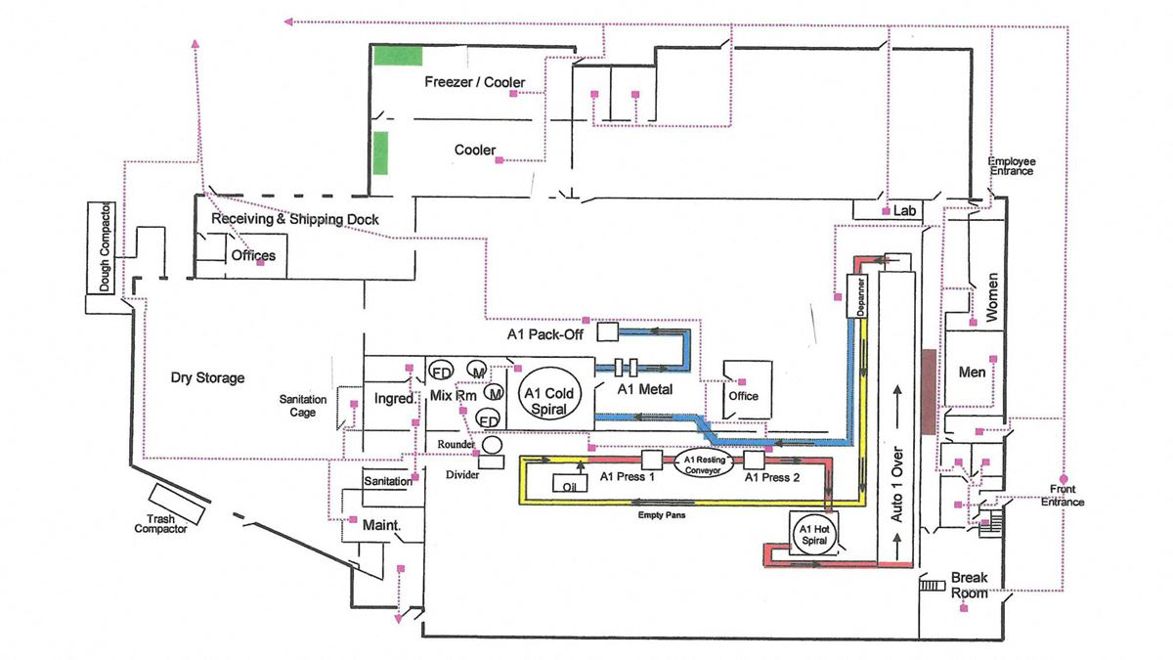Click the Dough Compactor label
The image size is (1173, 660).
[106, 248]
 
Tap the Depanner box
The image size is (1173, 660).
[856, 292]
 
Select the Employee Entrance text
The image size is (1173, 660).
[1011, 165]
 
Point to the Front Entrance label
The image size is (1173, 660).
[1063, 495]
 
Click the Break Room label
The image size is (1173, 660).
[970, 586]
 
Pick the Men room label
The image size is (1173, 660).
[972, 373]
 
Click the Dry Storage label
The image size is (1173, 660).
[209, 377]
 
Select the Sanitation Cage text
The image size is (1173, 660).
[304, 406]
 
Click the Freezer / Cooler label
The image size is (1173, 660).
[474, 82]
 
